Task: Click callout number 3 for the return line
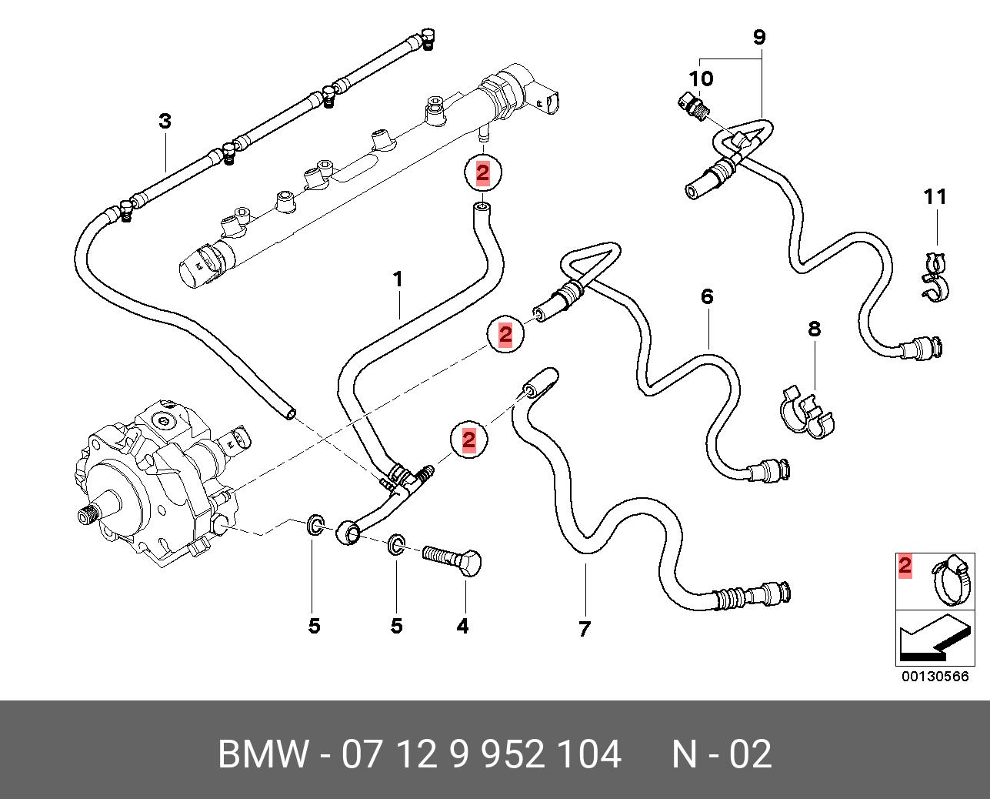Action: coord(165,121)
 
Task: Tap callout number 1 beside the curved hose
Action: coord(398,279)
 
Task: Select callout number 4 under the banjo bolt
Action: coord(462,627)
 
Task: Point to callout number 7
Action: coord(584,629)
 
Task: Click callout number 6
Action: coord(707,296)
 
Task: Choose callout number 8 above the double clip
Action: coord(814,329)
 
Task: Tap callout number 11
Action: coord(935,197)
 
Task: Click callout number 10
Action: coord(701,78)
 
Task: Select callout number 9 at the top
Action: coord(758,36)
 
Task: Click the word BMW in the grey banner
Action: coord(262,754)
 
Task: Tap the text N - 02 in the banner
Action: coord(721,754)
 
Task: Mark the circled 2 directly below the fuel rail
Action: coord(482,173)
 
